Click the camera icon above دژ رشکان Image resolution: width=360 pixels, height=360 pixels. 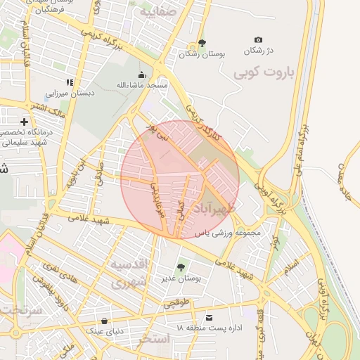(x=258, y=40)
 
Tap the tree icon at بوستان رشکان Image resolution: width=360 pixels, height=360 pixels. (x=202, y=43)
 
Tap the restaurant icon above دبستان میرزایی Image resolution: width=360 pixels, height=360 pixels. (x=69, y=82)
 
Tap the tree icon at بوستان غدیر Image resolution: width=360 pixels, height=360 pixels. (x=181, y=268)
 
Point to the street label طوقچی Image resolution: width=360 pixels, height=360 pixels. (x=176, y=304)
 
